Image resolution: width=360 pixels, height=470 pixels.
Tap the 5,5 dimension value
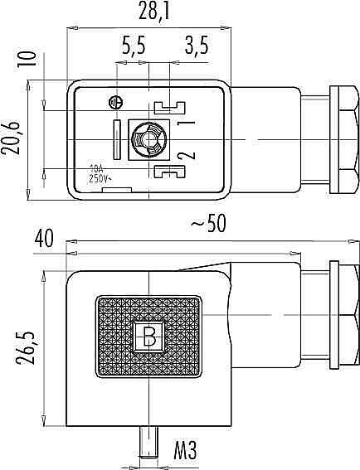point(134,46)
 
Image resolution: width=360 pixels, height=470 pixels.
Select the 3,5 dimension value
point(197,46)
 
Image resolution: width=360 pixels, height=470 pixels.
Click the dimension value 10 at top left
point(27,59)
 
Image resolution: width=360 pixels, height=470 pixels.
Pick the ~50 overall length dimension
point(208,223)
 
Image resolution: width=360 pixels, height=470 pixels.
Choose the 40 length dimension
point(44,238)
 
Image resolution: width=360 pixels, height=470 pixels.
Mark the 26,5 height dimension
point(26,348)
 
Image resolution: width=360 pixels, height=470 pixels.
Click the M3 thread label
point(186,450)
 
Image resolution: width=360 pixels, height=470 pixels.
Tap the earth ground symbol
point(116,103)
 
